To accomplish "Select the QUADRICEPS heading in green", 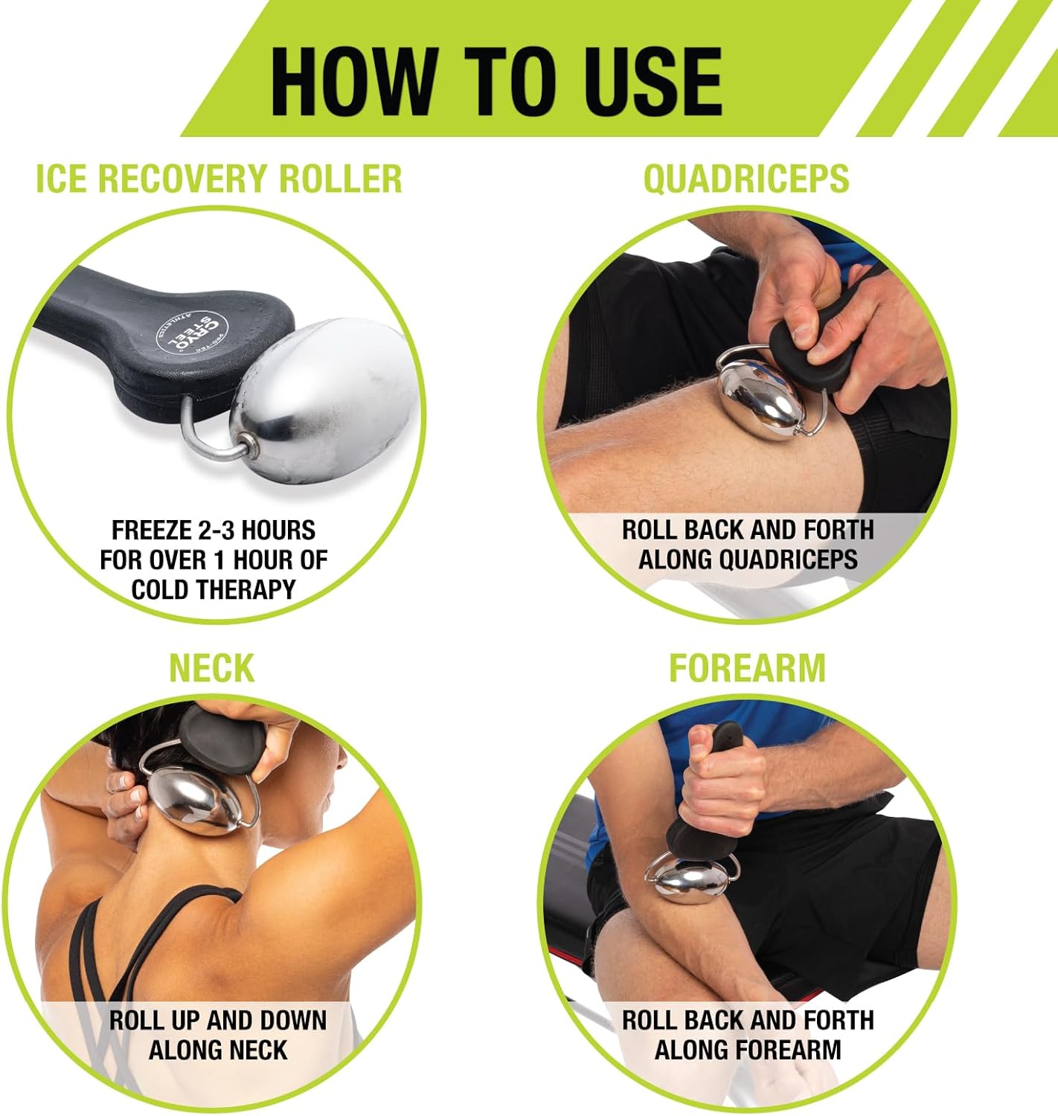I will point(746,179).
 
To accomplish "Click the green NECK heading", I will point(212,667).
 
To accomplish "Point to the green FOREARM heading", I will point(747,667).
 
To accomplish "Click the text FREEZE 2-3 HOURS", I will point(214,530).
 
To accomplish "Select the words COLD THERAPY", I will point(214,589).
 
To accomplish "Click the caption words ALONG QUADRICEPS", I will point(748,559).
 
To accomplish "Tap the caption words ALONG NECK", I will point(218,1050).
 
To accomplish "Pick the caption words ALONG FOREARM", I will point(748,1050).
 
